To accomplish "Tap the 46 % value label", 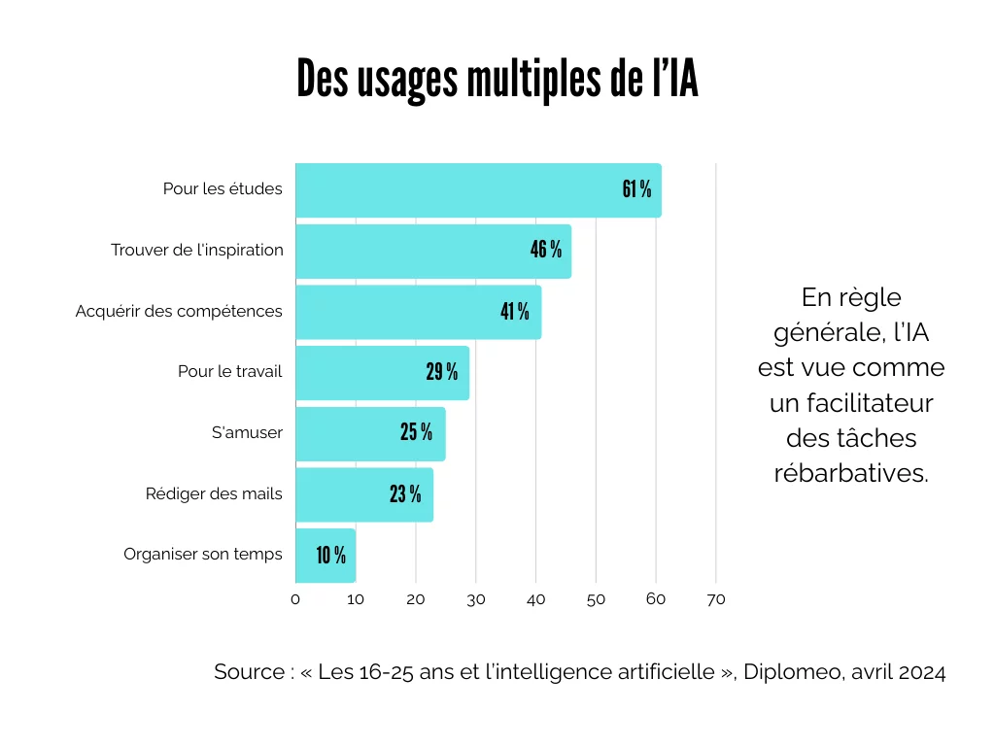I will (x=545, y=250).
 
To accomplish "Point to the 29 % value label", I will (x=441, y=372).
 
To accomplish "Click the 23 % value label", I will (x=405, y=493).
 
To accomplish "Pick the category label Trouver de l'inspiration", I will (x=197, y=250).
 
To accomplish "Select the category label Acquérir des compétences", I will (x=179, y=311).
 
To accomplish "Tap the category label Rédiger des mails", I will (x=214, y=493).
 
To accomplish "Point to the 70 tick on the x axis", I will (x=716, y=599).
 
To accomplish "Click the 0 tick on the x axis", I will (x=295, y=599).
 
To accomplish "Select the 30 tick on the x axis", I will (x=476, y=599).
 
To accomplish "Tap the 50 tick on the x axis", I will (x=596, y=599).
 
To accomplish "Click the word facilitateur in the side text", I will (x=851, y=403).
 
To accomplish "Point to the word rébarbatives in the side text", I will (x=851, y=473).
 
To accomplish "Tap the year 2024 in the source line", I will (x=921, y=672).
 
